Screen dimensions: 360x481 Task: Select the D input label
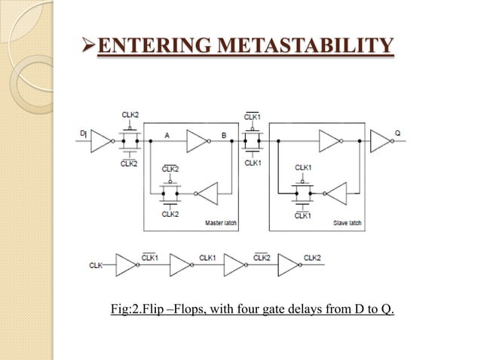83,133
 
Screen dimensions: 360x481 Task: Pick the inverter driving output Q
379,141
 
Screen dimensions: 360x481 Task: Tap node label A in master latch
165,136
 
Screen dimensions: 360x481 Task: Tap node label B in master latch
223,136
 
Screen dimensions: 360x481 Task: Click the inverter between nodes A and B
197,141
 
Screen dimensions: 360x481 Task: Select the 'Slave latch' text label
348,223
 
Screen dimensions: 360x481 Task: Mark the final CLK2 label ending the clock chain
313,258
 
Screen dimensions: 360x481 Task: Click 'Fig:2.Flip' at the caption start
142,310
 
